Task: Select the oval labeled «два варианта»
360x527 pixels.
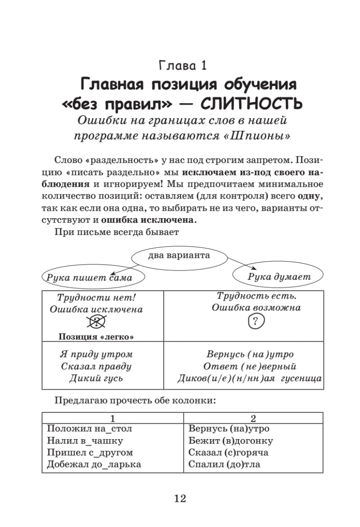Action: coord(179,255)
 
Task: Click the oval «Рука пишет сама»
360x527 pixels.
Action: coord(86,277)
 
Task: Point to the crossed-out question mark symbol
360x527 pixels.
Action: coord(97,323)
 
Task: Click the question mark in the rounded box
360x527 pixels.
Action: coord(256,322)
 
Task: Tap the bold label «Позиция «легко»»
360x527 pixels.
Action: coord(96,337)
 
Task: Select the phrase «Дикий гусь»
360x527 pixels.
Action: coord(96,378)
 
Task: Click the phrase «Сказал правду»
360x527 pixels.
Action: coord(96,366)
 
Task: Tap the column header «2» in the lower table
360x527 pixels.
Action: coord(253,418)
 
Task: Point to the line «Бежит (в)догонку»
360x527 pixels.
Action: coord(230,440)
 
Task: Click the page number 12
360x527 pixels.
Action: coord(180,498)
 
